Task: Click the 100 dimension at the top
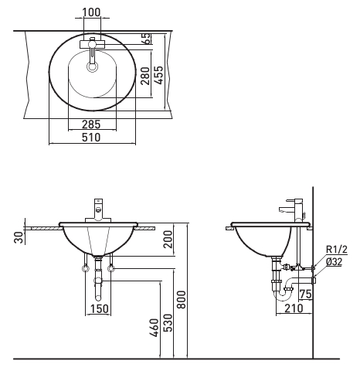(x=91, y=12)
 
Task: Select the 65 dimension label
(x=146, y=39)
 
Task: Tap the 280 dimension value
(x=145, y=76)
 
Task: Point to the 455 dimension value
(x=159, y=75)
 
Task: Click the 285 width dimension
(x=91, y=124)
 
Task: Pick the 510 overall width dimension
(x=91, y=138)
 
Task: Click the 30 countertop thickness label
(x=19, y=237)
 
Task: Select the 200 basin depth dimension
(x=168, y=239)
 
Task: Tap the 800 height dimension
(x=182, y=299)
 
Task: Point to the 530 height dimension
(x=168, y=322)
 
